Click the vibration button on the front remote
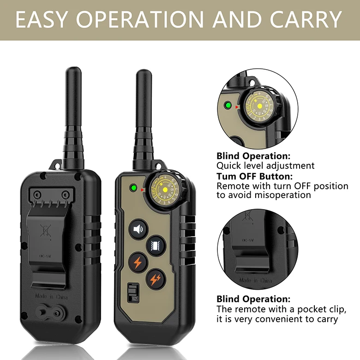[155, 245]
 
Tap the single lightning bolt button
[138, 262]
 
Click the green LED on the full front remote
[133, 188]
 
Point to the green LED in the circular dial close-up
[228, 106]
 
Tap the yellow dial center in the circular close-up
[259, 106]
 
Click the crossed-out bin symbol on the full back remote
[45, 230]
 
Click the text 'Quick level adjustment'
[265, 166]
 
